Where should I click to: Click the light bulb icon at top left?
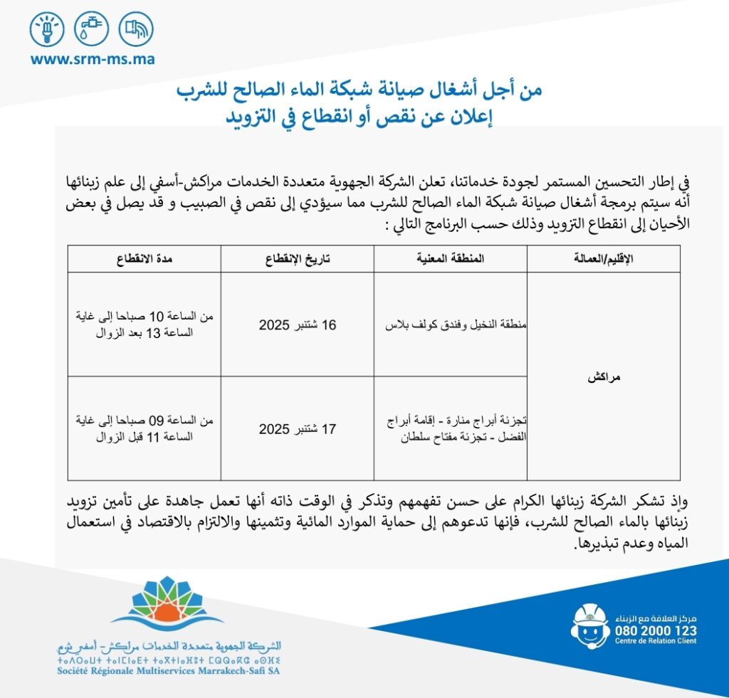pyautogui.click(x=46, y=30)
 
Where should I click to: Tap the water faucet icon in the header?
pyautogui.click(x=91, y=30)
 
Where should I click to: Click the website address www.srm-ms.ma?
pyautogui.click(x=92, y=59)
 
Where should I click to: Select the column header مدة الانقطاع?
pyautogui.click(x=144, y=260)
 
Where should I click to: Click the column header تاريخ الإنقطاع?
pyautogui.click(x=297, y=260)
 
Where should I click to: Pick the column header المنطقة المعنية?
pyautogui.click(x=451, y=260)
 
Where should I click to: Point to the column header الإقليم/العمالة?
pyautogui.click(x=603, y=260)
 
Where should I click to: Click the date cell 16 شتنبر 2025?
pyautogui.click(x=297, y=325)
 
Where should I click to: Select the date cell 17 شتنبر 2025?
pyautogui.click(x=297, y=429)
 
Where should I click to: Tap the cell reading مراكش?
pyautogui.click(x=604, y=377)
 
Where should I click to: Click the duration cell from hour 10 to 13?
pyautogui.click(x=144, y=325)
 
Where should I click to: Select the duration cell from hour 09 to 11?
pyautogui.click(x=144, y=429)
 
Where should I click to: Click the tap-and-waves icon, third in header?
pyautogui.click(x=136, y=30)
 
